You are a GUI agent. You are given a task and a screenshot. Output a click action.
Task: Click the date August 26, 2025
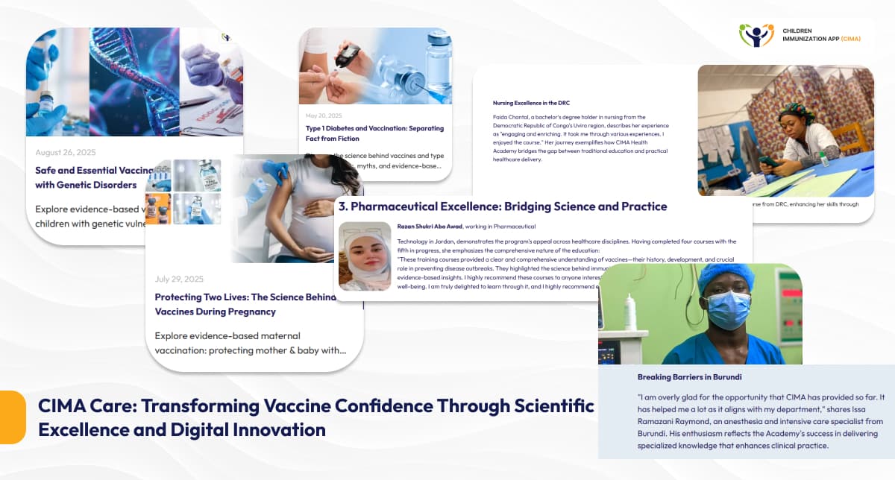tap(66, 152)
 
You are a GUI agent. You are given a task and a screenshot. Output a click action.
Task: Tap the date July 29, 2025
tap(179, 279)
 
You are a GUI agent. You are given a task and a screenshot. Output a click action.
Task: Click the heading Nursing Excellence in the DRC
tap(531, 103)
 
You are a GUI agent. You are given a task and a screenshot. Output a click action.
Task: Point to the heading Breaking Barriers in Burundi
tap(689, 377)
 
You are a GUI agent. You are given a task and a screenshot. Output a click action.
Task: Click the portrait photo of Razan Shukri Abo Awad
tap(365, 256)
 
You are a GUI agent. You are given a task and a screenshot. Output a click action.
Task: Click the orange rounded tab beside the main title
tap(12, 417)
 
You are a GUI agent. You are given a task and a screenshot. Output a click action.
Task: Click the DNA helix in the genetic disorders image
tap(134, 82)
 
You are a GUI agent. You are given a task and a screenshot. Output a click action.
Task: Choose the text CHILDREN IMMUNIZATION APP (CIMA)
tap(820, 34)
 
